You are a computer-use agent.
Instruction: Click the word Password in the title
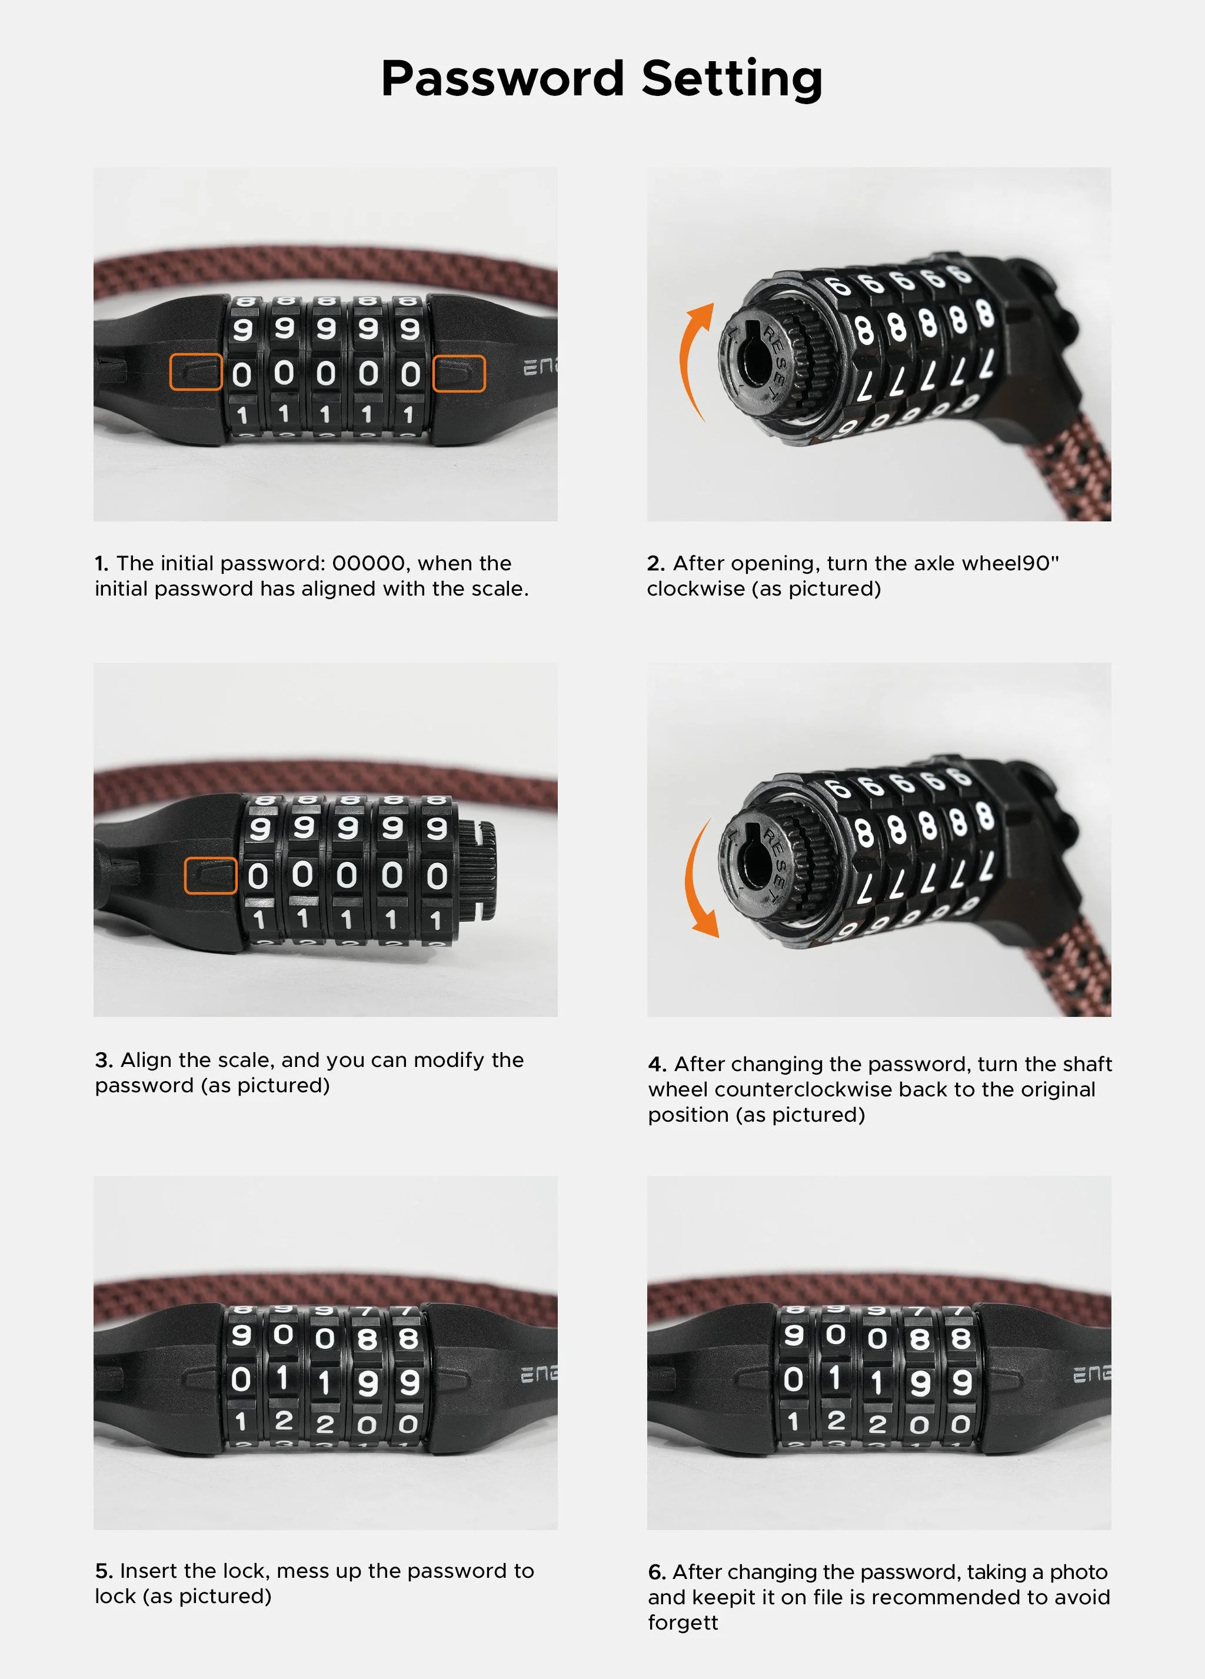(x=502, y=78)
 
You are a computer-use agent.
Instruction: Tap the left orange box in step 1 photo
(x=195, y=371)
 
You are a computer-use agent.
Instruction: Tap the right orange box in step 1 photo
(x=459, y=373)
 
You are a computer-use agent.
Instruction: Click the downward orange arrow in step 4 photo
(x=699, y=881)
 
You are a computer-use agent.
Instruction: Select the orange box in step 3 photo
(x=210, y=876)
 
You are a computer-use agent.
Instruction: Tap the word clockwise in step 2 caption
(x=694, y=589)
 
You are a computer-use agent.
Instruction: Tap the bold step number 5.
(x=103, y=1571)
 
